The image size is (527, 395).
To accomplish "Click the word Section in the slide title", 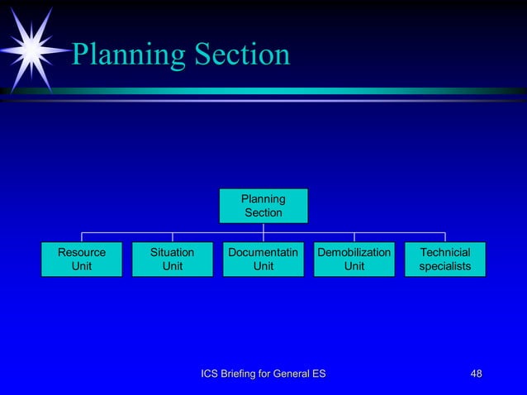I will [x=241, y=55].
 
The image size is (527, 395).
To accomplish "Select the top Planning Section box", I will [x=263, y=206].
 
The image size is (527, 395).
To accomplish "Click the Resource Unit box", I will [x=82, y=259].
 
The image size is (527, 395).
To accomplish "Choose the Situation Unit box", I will [x=172, y=259].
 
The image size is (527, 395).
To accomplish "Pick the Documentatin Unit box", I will [x=263, y=259].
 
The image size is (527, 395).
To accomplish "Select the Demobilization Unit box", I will [x=354, y=259].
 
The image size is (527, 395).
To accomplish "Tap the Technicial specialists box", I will [x=444, y=259].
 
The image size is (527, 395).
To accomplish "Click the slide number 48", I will [x=476, y=375].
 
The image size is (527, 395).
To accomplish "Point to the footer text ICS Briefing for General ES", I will [x=263, y=375].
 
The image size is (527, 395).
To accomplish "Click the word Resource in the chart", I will [x=82, y=252].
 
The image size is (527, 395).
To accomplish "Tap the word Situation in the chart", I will [x=172, y=252].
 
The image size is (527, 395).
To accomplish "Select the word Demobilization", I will [x=354, y=252].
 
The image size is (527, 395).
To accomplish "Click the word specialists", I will [x=444, y=266].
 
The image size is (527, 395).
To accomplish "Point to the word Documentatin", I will [x=263, y=252].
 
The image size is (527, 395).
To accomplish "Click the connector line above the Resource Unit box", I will [x=82, y=237].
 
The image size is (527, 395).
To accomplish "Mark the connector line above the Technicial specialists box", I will [x=444, y=237].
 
